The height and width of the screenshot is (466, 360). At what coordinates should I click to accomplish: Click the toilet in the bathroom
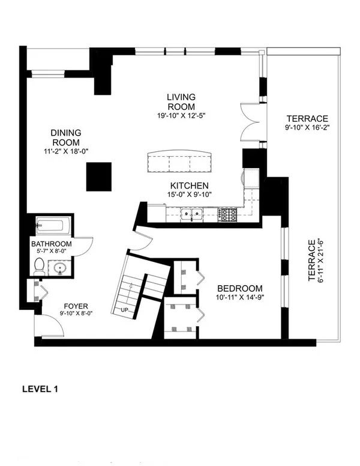click(x=39, y=266)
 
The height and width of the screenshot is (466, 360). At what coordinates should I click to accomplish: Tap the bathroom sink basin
click(x=61, y=268)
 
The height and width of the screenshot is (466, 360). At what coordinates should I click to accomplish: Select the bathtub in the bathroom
click(x=53, y=226)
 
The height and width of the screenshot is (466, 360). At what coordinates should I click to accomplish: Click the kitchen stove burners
click(x=228, y=214)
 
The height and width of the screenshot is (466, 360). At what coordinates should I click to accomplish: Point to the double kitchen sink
click(x=191, y=214)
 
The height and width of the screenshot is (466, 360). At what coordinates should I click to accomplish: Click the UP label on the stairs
click(x=124, y=310)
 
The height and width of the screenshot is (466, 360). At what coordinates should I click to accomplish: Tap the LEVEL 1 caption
click(x=40, y=389)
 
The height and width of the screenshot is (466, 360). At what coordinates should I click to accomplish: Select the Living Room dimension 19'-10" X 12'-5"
click(x=181, y=115)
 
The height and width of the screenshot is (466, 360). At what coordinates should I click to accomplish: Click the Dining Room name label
click(x=66, y=138)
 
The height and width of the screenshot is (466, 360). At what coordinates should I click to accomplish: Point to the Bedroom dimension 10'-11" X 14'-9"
click(x=240, y=297)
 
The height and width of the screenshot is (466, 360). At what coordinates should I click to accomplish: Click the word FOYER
click(x=76, y=306)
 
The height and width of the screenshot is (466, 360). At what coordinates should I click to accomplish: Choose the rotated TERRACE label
click(x=311, y=261)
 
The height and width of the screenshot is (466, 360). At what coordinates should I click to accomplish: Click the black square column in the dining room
click(x=99, y=177)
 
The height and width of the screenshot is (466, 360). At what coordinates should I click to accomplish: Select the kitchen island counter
click(x=179, y=161)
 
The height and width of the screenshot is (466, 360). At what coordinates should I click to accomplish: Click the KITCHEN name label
click(x=189, y=186)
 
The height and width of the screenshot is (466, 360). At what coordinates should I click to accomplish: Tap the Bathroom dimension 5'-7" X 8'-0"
click(x=52, y=251)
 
